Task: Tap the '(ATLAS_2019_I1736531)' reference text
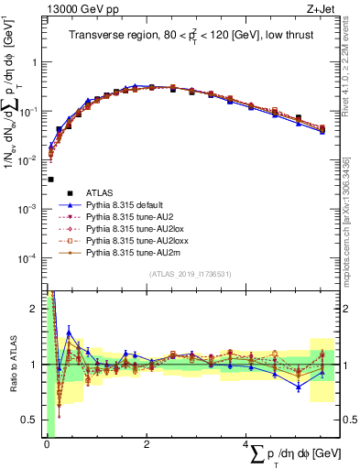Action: [193, 275]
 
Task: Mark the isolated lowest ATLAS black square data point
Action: [50, 180]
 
